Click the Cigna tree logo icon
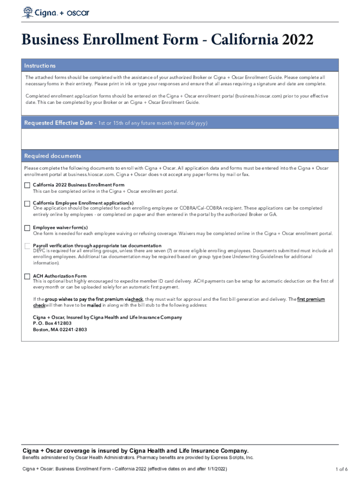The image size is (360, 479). (28, 12)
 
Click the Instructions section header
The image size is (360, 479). (40, 66)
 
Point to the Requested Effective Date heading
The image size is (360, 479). (58, 123)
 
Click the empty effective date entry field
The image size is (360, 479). (180, 138)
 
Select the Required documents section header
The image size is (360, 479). (52, 156)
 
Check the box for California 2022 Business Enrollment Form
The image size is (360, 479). (27, 185)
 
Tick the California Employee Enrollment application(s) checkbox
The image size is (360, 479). (27, 203)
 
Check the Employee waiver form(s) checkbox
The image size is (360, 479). (27, 228)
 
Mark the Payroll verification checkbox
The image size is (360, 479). (27, 246)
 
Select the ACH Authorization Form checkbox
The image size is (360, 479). (27, 276)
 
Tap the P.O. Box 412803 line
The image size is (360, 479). (52, 323)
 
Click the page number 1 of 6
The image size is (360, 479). (341, 469)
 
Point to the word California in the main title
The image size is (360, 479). (238, 40)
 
